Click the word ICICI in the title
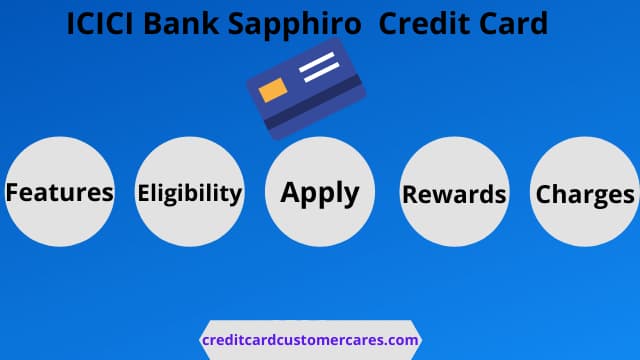pos(100,23)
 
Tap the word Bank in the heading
pos(181,23)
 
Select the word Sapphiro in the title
pos(295,25)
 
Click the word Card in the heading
pos(513,23)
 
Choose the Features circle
pos(60,191)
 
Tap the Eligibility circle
pos(190,191)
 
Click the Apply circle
pos(320,191)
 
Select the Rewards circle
pos(454,191)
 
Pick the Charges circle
pos(584,191)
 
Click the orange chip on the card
pos(273,90)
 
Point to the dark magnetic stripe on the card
pos(313,102)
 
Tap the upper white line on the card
pos(317,62)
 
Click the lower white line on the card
pos(322,72)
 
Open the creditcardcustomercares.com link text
pos(310,340)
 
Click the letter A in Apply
pos(291,192)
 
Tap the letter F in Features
pos(12,192)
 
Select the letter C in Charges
pos(544,194)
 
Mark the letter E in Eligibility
pos(143,193)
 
